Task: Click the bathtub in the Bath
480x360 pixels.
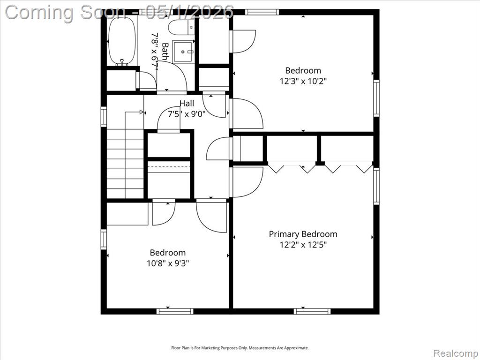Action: [122, 41]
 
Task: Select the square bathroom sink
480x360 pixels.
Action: [183, 52]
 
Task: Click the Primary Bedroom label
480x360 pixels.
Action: [303, 234]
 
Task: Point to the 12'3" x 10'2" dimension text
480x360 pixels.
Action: [303, 82]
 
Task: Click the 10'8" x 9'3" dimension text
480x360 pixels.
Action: [168, 263]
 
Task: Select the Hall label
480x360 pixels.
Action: [187, 103]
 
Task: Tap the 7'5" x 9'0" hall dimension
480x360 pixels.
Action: [187, 114]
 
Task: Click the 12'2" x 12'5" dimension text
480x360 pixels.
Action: [303, 245]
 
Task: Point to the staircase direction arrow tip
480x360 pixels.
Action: [143, 112]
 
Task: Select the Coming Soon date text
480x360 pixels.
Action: [120, 12]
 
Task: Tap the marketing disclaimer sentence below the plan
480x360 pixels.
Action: [240, 348]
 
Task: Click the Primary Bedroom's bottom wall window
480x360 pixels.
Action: [312, 311]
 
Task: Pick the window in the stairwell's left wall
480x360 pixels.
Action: [104, 117]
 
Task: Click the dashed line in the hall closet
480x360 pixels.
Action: [169, 167]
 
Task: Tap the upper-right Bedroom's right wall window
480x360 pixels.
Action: [376, 98]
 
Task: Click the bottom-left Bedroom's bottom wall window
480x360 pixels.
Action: [175, 311]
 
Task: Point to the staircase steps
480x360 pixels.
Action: [125, 164]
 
